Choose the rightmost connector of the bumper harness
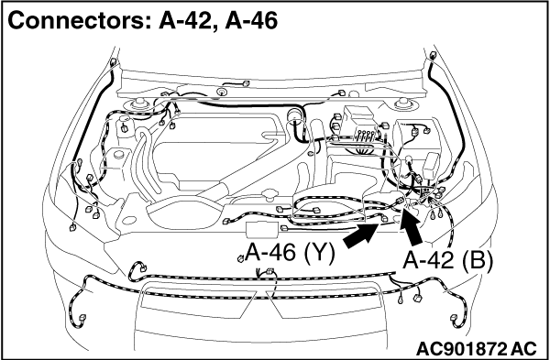coord(456,318)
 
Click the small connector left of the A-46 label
coord(240,257)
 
